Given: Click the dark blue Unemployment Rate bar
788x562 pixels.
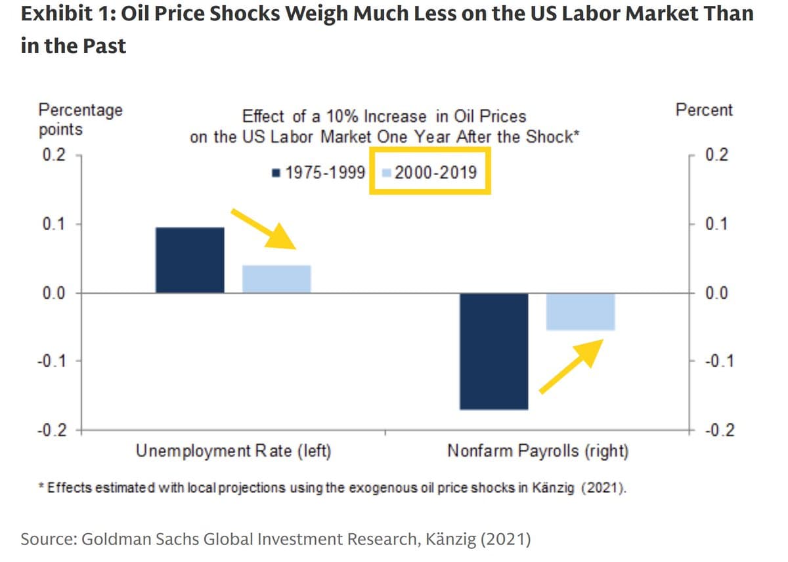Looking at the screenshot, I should (190, 260).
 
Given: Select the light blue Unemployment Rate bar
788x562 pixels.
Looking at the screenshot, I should (276, 279).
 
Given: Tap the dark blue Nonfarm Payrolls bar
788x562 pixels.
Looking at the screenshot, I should (494, 351).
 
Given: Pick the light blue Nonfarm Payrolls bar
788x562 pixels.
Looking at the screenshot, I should (580, 311).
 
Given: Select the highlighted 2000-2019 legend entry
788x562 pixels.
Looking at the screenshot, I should (430, 173).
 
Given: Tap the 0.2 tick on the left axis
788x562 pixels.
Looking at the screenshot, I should (53, 155).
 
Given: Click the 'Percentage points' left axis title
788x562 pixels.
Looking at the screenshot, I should (80, 119).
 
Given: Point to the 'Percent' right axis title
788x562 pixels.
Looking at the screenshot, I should (704, 110).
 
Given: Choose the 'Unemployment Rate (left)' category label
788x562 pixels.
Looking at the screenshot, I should (233, 451).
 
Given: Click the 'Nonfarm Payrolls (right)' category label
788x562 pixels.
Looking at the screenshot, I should (538, 451).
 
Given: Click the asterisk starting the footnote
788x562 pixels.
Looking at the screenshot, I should (41, 487).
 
